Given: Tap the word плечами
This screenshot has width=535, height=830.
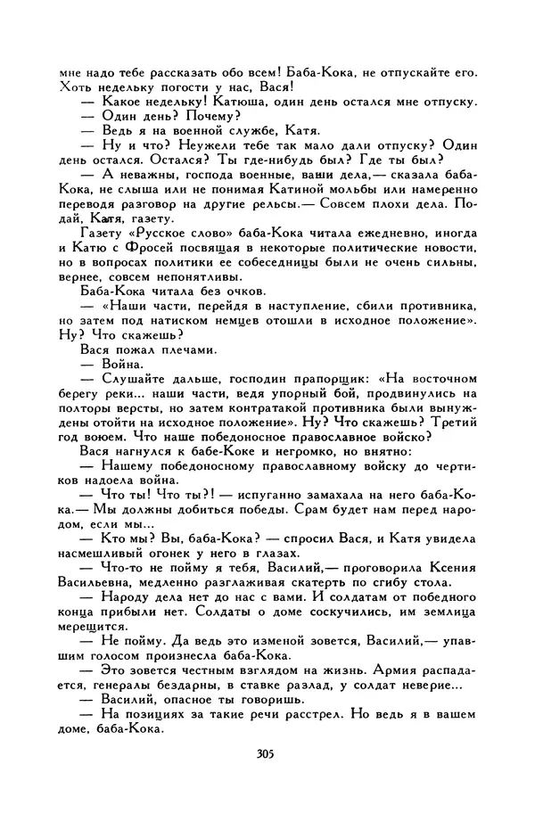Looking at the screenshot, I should (x=183, y=350).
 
